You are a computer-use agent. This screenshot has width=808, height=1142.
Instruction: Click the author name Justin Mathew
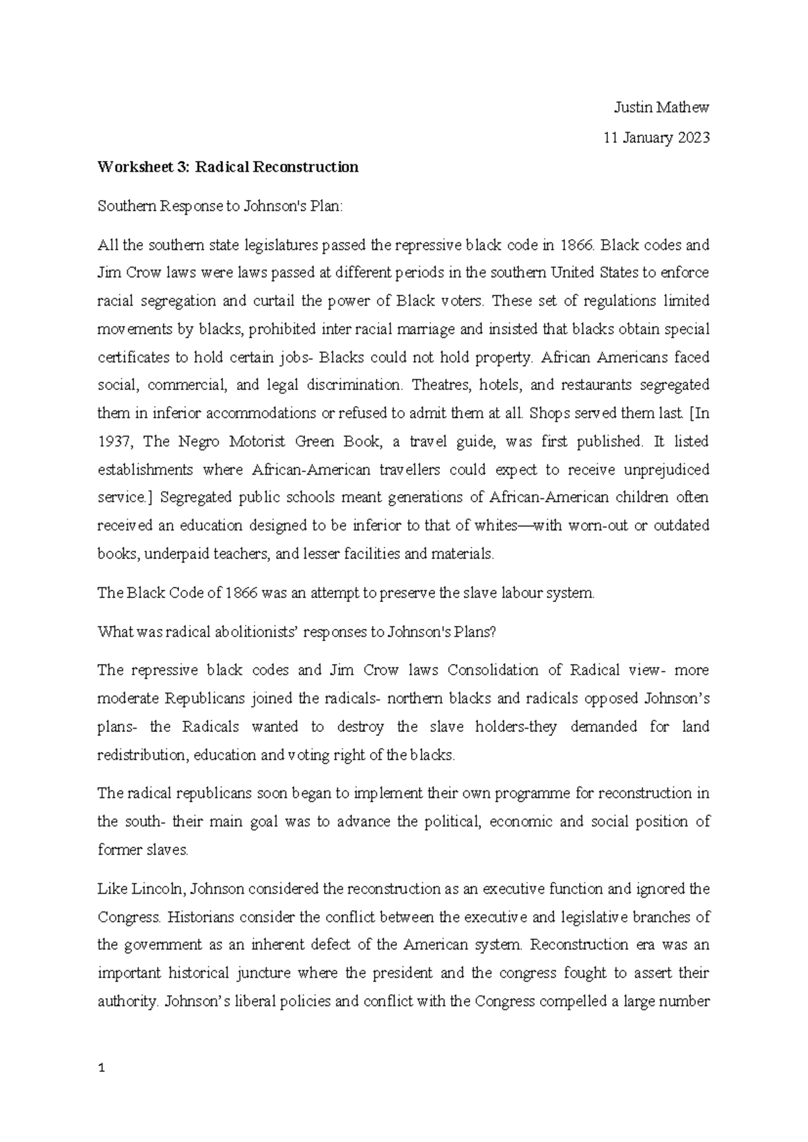[661, 108]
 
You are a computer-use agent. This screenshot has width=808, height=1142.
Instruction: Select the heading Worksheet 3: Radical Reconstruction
[228, 167]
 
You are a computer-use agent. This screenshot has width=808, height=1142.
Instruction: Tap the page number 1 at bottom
[101, 1068]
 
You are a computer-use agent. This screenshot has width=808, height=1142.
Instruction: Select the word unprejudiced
[667, 469]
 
